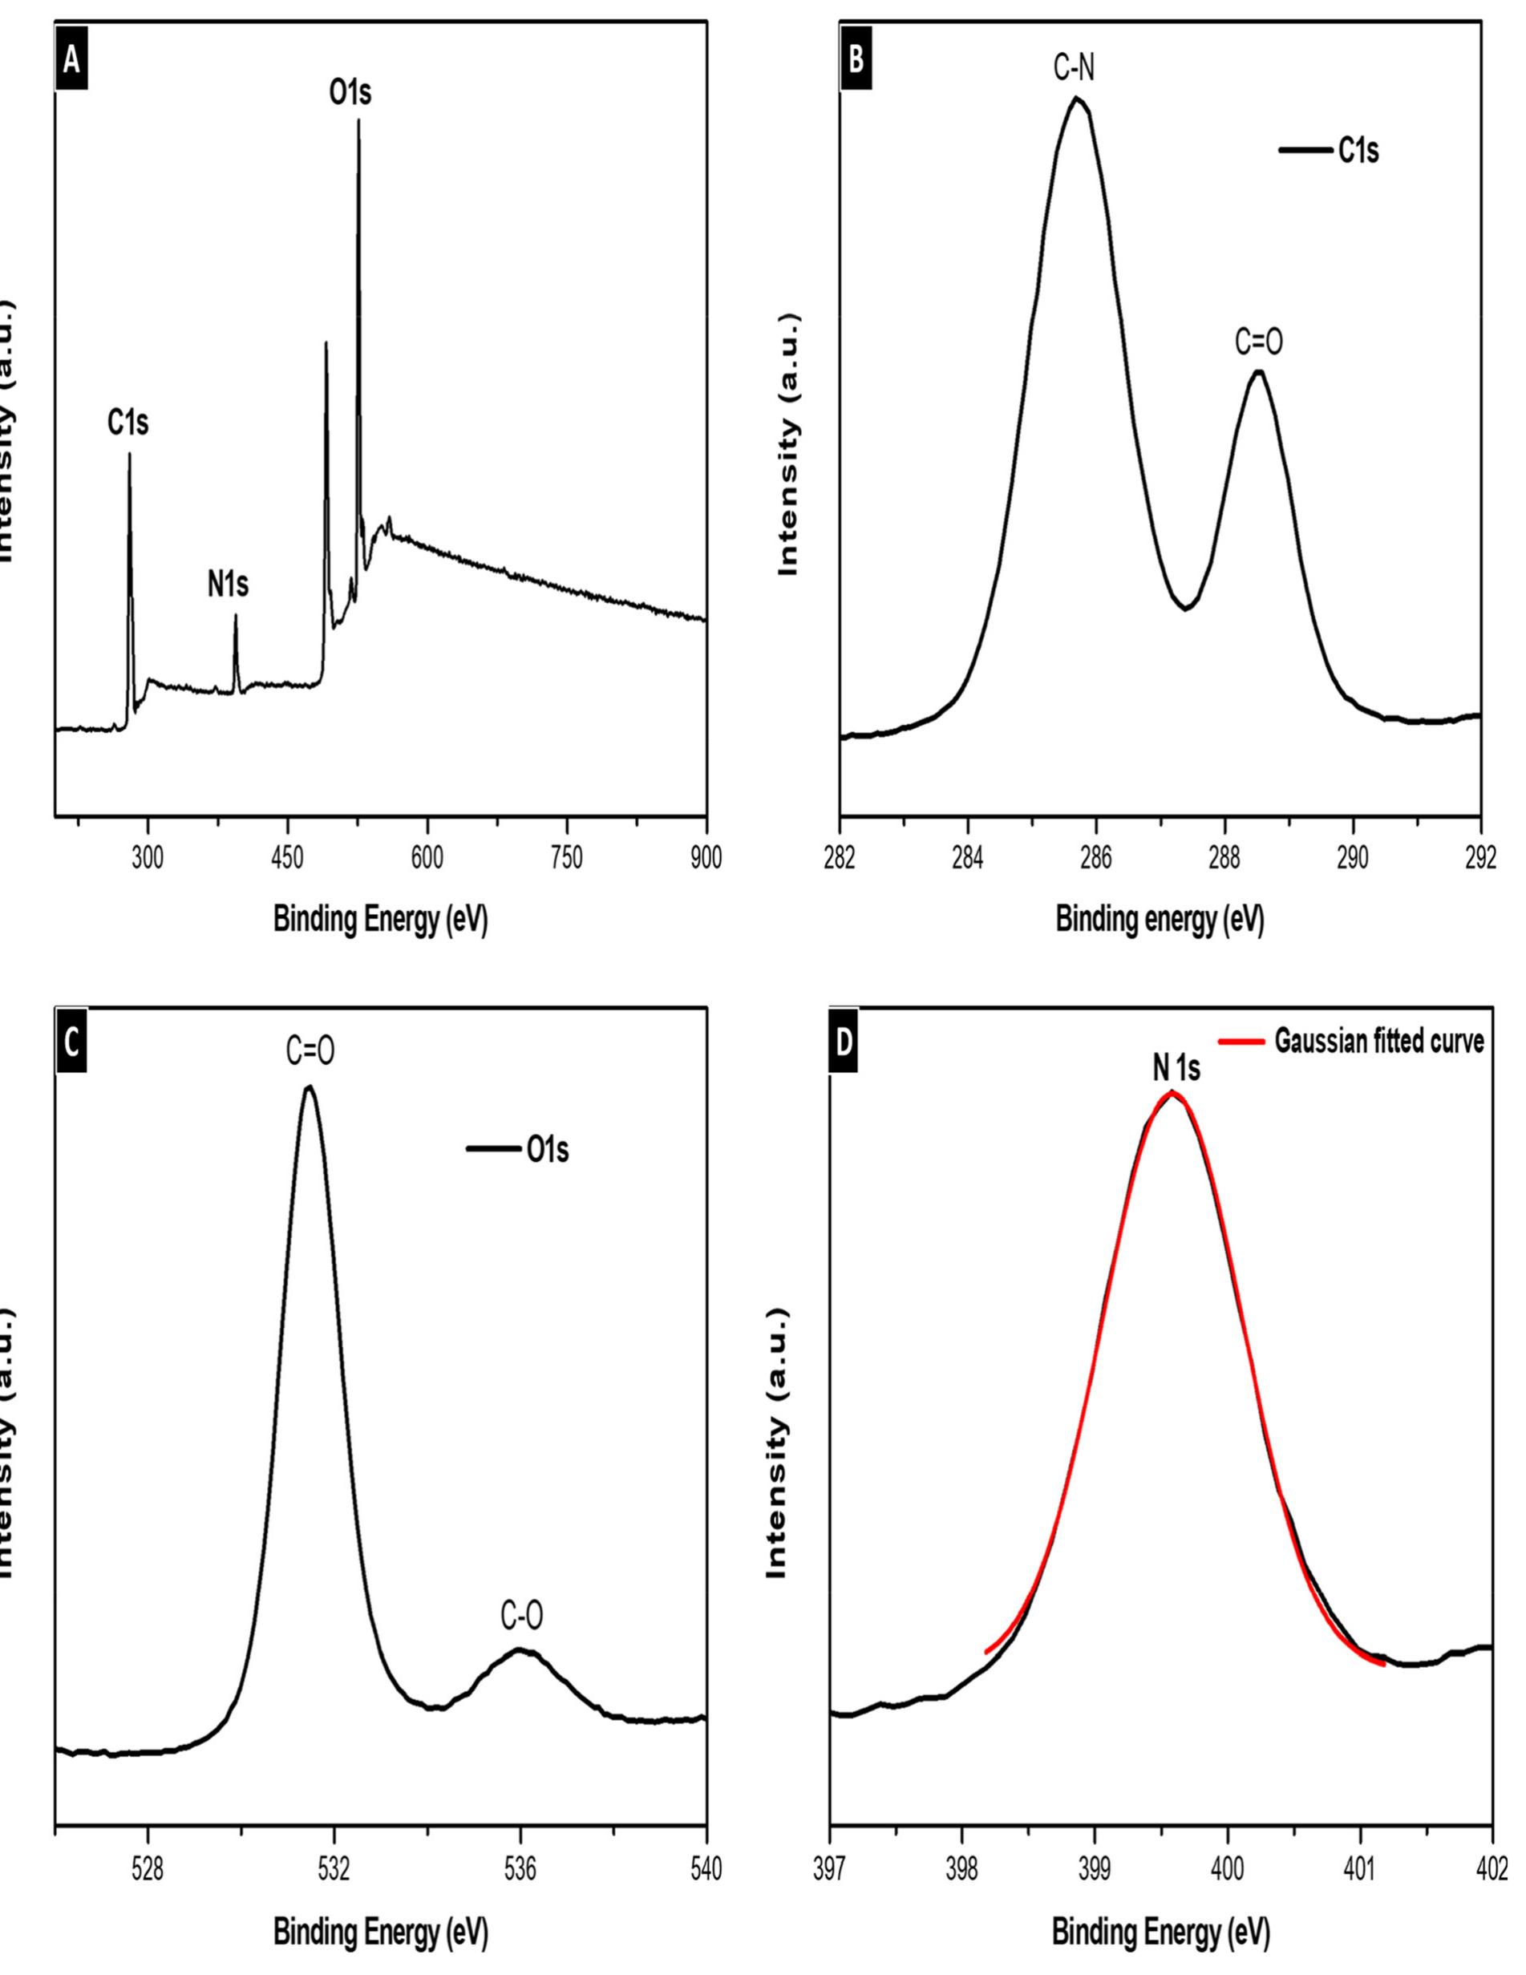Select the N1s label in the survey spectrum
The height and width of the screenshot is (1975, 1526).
tap(228, 586)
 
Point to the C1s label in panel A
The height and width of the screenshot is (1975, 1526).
tap(128, 423)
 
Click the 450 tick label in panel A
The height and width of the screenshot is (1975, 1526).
tap(287, 858)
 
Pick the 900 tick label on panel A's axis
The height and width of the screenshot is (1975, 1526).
tap(706, 858)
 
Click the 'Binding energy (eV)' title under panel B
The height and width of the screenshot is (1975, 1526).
tap(1160, 920)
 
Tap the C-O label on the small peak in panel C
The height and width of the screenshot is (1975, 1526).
tap(523, 1617)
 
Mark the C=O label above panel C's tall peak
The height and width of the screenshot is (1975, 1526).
tap(310, 1053)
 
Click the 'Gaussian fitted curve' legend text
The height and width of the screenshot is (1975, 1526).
tap(1378, 1042)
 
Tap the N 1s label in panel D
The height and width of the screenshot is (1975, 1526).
tap(1176, 1069)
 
